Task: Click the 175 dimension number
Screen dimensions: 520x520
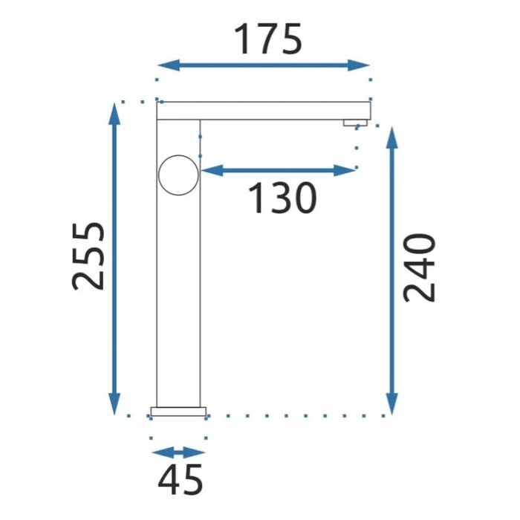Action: tap(268, 39)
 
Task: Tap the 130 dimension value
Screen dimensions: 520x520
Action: tap(282, 198)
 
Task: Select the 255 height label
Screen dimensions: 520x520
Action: tap(88, 256)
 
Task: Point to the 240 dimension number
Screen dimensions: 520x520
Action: tap(418, 267)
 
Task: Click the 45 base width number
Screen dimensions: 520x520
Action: tap(180, 480)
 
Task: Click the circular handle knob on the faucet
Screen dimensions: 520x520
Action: tap(178, 175)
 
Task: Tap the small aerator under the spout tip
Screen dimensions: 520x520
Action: tap(355, 123)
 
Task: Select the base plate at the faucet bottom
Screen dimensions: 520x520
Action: tap(178, 412)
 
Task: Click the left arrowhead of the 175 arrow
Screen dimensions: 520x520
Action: tap(169, 65)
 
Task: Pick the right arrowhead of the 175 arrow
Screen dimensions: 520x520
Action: tap(359, 65)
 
